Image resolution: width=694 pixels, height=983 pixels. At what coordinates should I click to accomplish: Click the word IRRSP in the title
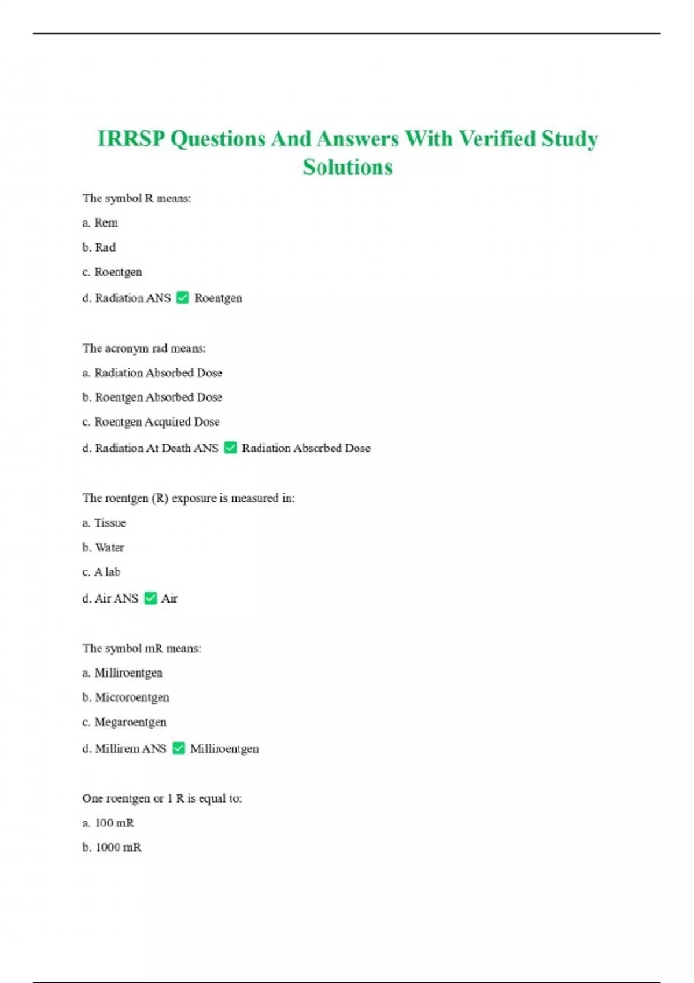tap(131, 139)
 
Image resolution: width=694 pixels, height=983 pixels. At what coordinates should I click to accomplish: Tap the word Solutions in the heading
tap(348, 167)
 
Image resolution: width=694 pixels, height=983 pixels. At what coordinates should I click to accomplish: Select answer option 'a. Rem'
tap(100, 223)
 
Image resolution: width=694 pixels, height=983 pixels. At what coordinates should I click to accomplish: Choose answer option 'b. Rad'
tap(99, 247)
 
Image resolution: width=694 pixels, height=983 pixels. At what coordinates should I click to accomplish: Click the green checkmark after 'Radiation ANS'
tap(182, 298)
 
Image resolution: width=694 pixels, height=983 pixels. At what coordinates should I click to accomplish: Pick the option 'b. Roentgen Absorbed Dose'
tap(152, 397)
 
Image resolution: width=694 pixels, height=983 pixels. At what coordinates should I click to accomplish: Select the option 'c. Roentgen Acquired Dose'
tap(151, 422)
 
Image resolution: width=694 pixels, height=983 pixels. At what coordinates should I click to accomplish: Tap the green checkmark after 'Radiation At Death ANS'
tap(230, 448)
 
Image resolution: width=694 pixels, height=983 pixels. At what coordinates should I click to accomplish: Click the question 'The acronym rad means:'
tap(144, 348)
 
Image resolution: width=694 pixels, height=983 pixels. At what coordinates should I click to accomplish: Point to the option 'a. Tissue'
tap(104, 523)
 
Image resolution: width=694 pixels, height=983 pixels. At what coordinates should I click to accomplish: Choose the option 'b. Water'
tap(103, 548)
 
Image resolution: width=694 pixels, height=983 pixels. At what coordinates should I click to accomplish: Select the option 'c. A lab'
tap(101, 572)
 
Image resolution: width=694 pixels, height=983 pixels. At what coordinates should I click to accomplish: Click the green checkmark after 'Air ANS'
tap(150, 598)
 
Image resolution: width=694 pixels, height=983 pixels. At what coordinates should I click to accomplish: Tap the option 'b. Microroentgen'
tap(126, 697)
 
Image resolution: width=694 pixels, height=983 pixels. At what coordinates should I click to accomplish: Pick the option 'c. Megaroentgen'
tap(124, 722)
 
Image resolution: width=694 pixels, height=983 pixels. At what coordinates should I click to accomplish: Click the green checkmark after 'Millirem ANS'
tap(179, 748)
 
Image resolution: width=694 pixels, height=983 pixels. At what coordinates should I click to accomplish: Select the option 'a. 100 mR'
tap(108, 823)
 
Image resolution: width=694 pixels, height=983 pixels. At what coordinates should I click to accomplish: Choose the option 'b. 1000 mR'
tap(112, 848)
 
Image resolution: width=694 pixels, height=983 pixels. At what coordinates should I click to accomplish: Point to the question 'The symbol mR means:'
tap(142, 648)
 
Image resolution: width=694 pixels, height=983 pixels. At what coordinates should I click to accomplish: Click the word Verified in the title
tap(497, 139)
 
